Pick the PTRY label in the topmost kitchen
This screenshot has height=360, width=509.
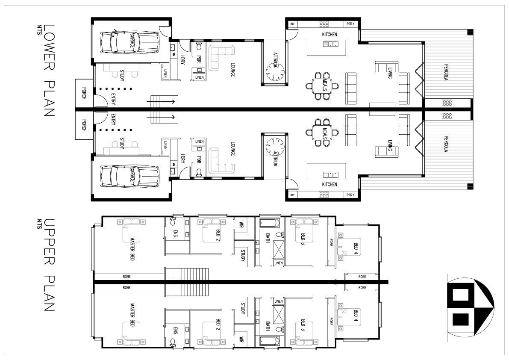click(x=350, y=24)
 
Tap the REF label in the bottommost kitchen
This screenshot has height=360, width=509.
click(x=293, y=195)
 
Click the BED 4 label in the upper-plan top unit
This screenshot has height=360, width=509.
click(x=356, y=248)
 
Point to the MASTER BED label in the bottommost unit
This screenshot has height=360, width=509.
click(x=132, y=317)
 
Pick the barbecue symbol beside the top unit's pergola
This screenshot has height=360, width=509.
click(x=447, y=103)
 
